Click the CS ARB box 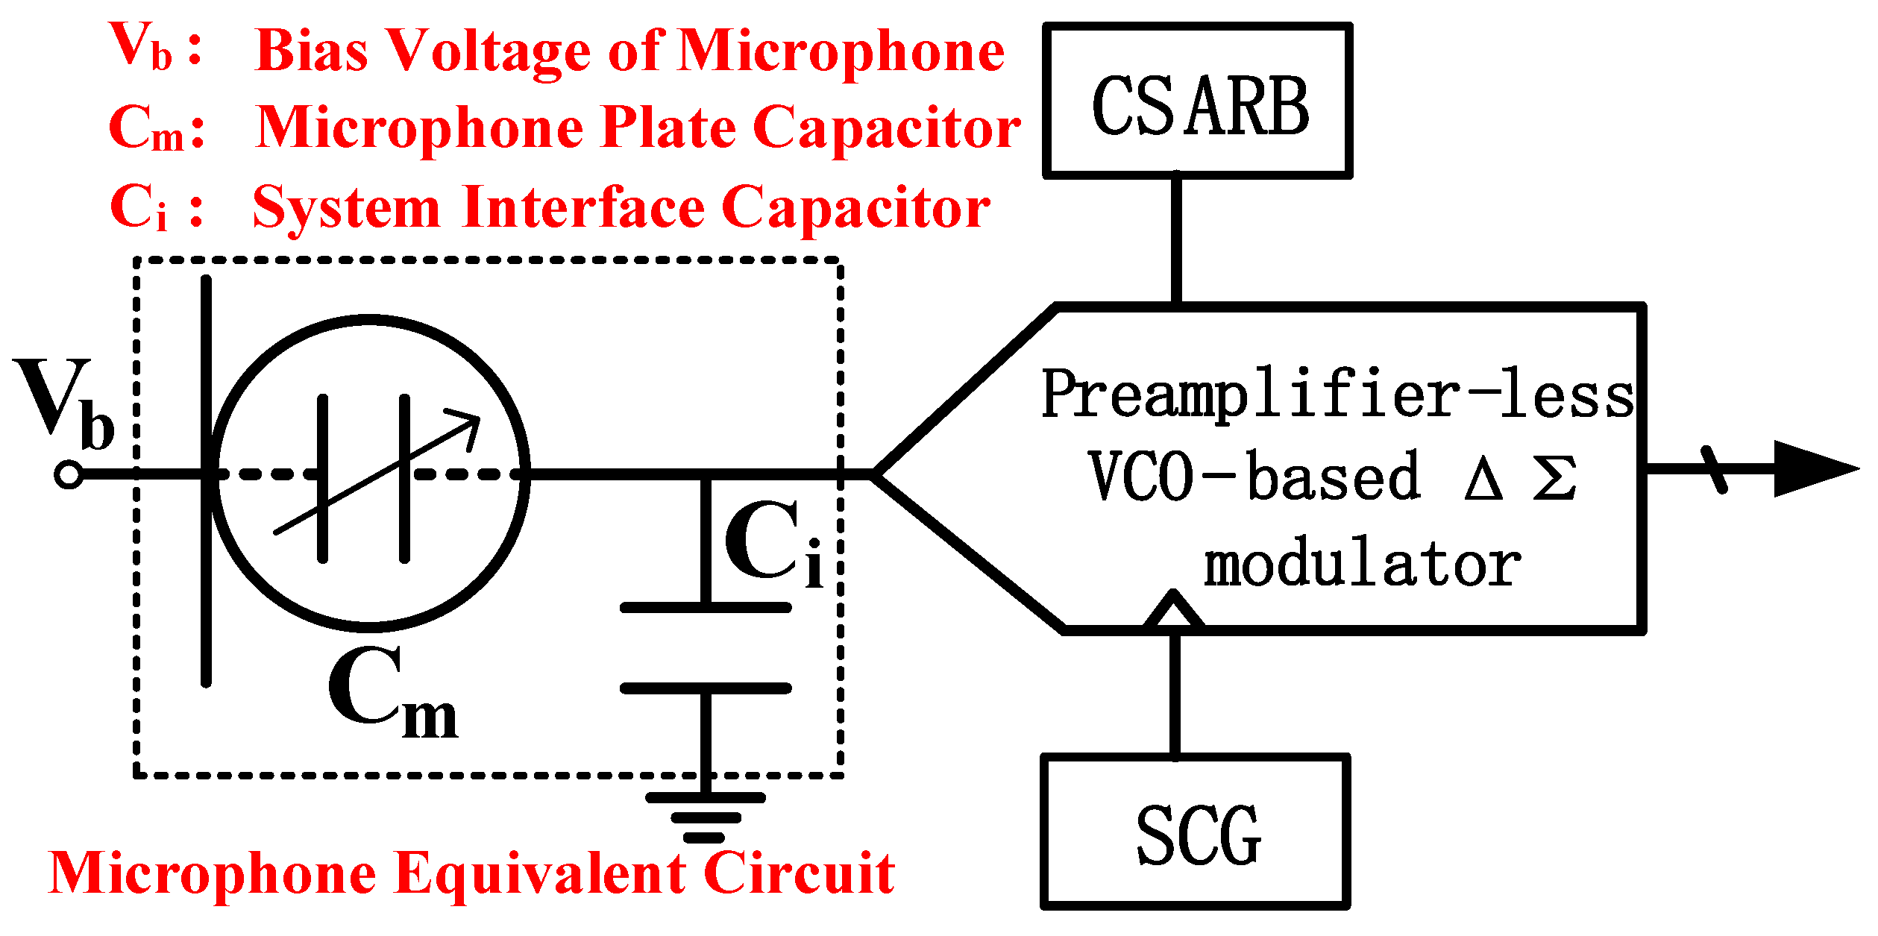pos(1197,101)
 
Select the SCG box pos(1196,832)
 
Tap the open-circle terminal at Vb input pos(69,474)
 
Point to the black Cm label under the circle pos(392,694)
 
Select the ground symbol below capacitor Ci pos(705,817)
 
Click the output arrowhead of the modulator pos(1812,468)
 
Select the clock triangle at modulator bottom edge pos(1174,609)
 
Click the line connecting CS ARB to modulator pos(1176,239)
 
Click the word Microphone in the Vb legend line pos(841,52)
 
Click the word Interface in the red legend pos(582,207)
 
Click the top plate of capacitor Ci pos(706,608)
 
